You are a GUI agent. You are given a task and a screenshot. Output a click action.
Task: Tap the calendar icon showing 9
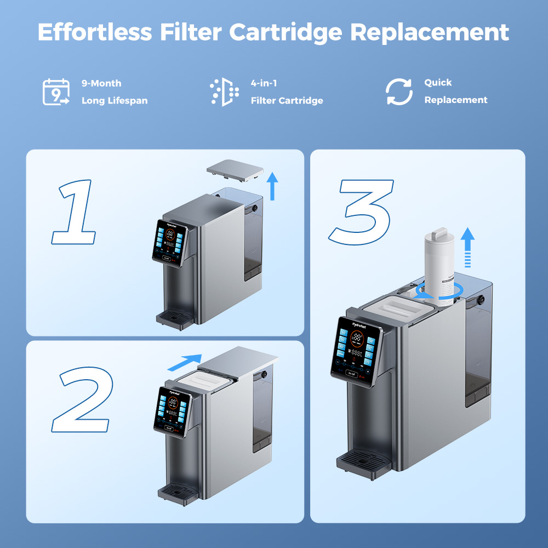[x=56, y=92]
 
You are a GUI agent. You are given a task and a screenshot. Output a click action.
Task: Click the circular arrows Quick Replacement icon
[x=399, y=92]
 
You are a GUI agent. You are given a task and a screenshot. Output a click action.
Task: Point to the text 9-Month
[x=101, y=83]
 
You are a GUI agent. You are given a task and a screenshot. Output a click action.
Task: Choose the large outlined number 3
[x=362, y=211]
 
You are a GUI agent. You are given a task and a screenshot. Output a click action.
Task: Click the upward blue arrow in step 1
[x=272, y=185]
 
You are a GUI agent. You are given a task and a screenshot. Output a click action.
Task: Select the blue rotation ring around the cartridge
[x=438, y=292]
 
